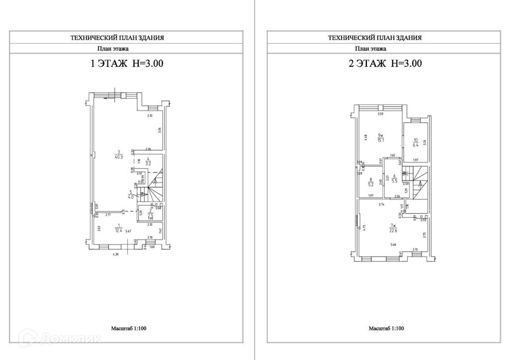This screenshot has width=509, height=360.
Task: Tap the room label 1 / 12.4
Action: click(118, 229)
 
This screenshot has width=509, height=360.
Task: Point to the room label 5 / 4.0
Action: click(131, 194)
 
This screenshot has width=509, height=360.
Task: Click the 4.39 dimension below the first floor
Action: click(115, 255)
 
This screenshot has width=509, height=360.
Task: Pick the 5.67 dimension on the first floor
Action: click(128, 231)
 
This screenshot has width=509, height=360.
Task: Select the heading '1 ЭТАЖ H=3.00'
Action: click(126, 64)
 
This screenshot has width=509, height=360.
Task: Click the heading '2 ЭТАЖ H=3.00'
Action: click(384, 64)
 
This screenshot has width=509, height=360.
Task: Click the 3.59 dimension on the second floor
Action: click(380, 115)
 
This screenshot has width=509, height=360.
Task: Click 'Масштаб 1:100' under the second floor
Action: click(386, 329)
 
